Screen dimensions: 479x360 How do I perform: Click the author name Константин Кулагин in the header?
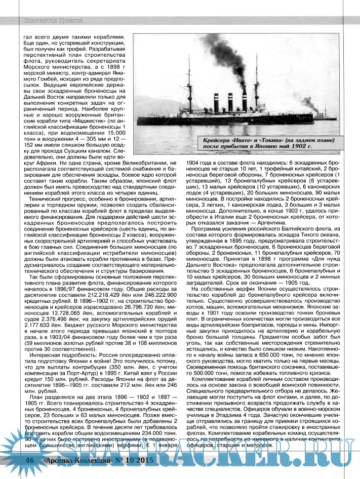pos(50,20)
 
